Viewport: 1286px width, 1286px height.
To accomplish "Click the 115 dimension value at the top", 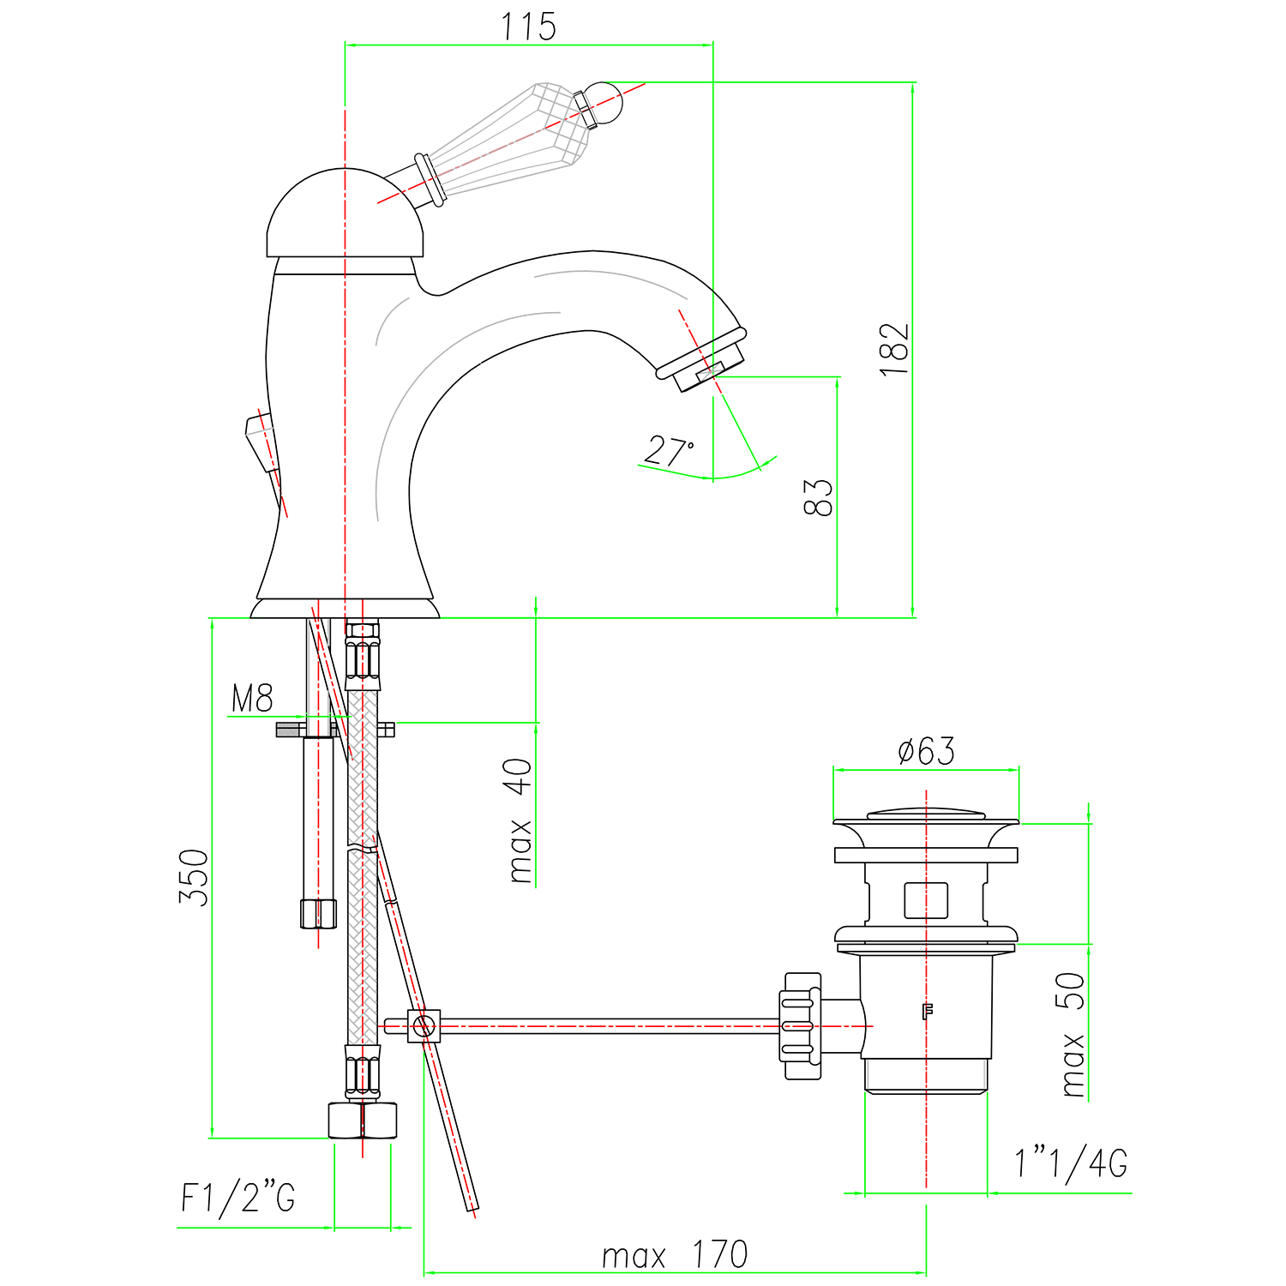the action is point(528,27).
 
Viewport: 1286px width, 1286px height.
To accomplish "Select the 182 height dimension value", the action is point(893,349).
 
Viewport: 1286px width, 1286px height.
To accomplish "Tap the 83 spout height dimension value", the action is point(818,497).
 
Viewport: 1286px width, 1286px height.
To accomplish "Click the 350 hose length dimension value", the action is point(194,877).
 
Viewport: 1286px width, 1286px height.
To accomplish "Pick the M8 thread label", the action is point(252,699).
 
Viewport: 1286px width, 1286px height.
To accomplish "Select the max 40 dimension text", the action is point(520,820).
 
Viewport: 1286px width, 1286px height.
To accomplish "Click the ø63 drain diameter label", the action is point(926,751).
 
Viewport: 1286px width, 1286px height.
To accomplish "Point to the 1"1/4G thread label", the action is point(1071,1163).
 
